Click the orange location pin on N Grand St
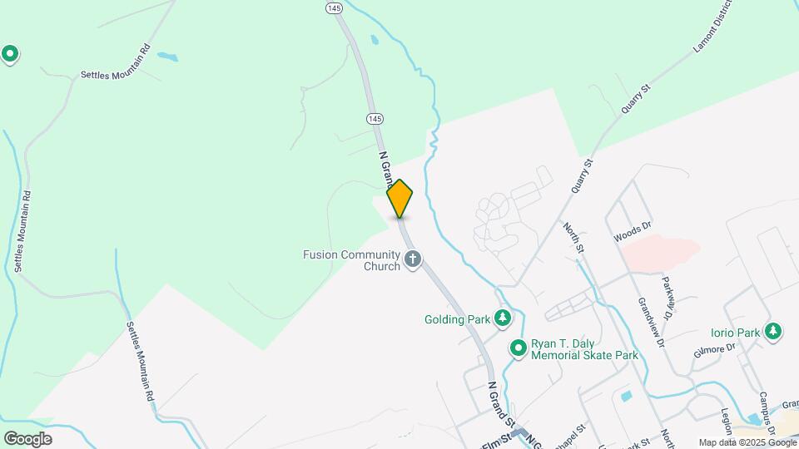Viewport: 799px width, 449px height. [x=400, y=199]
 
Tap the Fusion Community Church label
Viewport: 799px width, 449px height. [x=352, y=260]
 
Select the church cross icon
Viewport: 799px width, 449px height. [x=412, y=261]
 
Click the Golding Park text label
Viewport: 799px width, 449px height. [x=457, y=318]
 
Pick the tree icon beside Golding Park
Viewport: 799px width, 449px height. [x=502, y=318]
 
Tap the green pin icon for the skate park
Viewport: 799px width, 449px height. [x=519, y=348]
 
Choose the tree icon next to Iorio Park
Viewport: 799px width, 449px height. [x=774, y=331]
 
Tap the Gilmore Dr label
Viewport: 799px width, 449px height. [x=715, y=350]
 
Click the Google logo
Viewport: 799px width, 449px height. [x=27, y=438]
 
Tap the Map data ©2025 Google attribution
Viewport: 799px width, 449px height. [x=747, y=442]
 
